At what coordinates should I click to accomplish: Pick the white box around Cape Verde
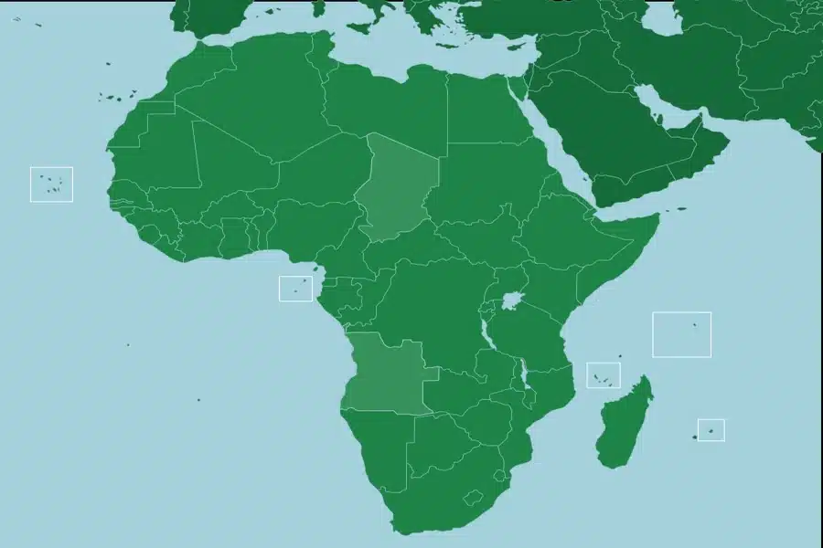point(51,184)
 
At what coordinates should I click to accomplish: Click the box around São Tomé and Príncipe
point(295,289)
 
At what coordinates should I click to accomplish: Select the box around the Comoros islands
point(603,374)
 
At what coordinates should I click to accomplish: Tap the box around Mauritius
point(711,429)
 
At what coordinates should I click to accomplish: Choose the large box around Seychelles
point(681,334)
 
